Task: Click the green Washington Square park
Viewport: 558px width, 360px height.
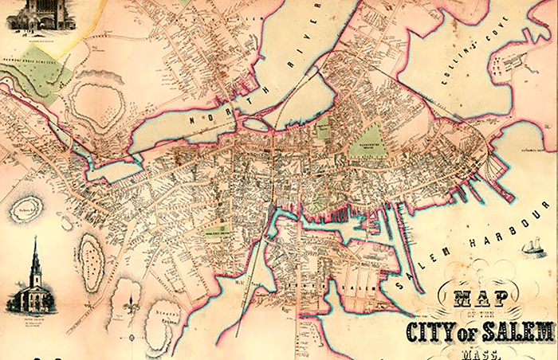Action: (367, 143)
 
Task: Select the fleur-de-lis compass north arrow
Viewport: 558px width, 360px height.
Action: (132, 303)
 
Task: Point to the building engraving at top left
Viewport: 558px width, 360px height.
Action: (39, 14)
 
